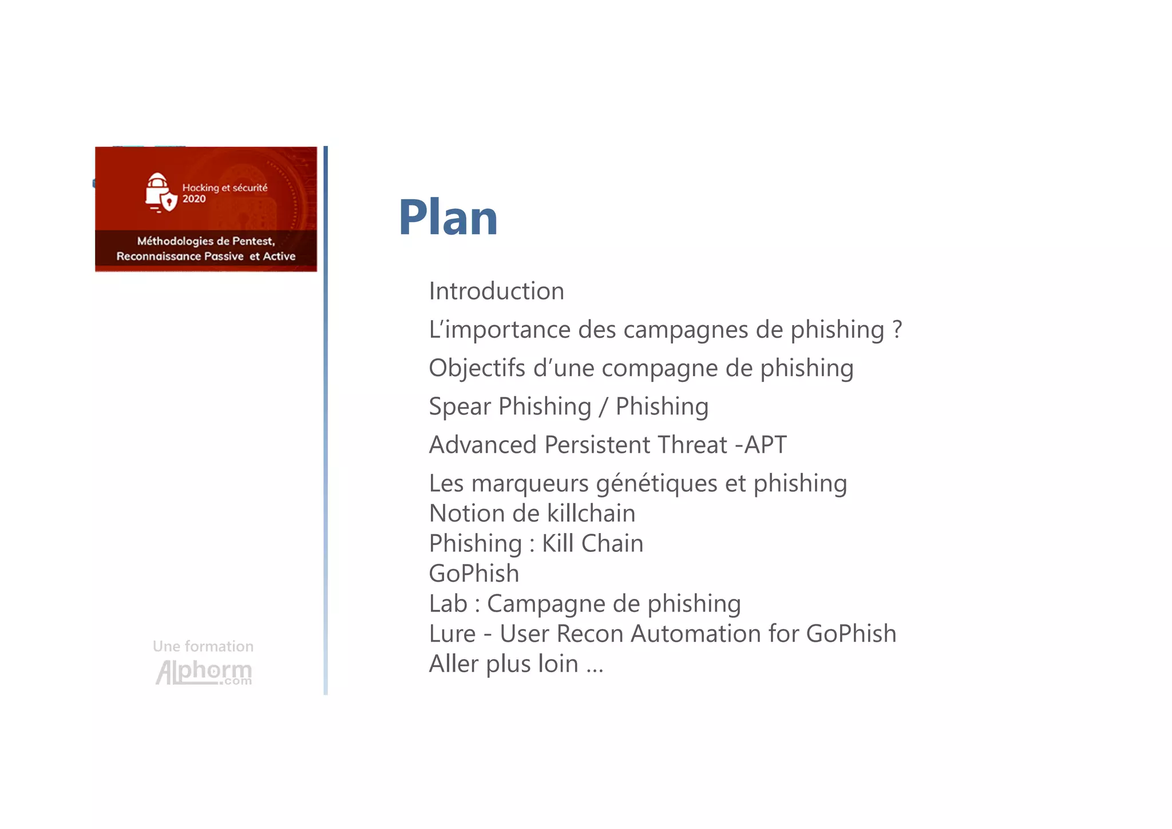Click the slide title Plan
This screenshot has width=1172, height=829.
pos(448,218)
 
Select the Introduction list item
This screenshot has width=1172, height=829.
pos(496,291)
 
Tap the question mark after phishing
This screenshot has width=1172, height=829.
pos(897,329)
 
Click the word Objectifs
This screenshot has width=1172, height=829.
pos(477,368)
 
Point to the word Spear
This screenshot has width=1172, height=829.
pos(460,407)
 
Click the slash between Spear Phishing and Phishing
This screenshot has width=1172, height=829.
pos(603,407)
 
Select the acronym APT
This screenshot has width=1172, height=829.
pos(765,445)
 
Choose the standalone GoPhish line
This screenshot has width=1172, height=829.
pos(474,574)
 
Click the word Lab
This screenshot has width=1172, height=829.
pos(448,604)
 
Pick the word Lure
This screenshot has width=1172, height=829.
pos(452,634)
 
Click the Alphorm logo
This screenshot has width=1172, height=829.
pos(203,672)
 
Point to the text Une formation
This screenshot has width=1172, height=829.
pos(203,646)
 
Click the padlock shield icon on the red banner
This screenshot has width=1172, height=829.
pos(160,193)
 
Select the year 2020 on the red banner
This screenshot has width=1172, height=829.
pos(194,199)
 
